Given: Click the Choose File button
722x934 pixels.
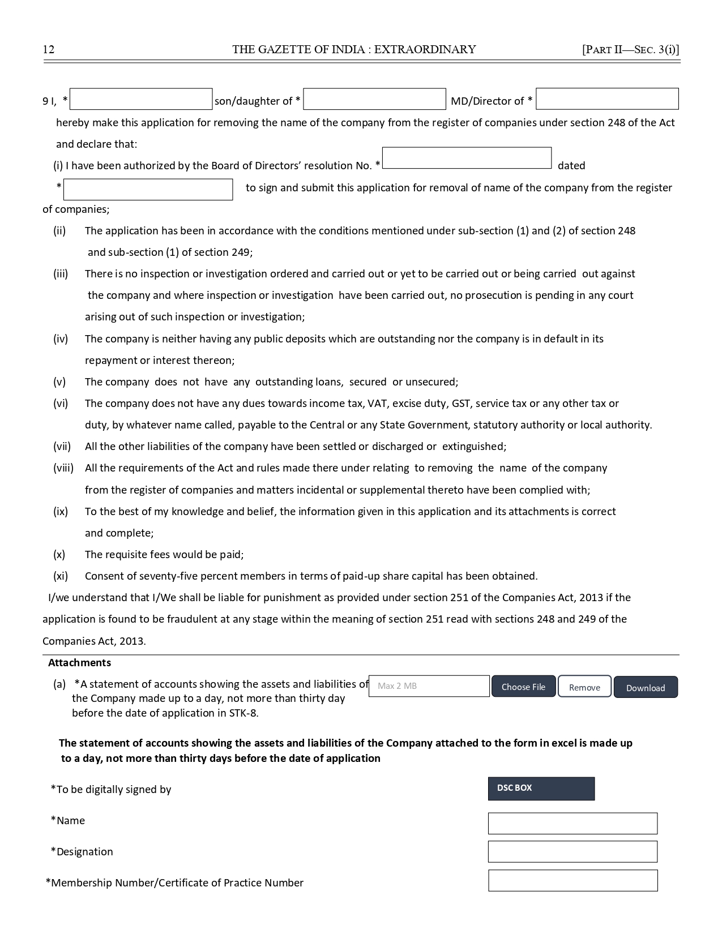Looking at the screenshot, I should (x=523, y=687).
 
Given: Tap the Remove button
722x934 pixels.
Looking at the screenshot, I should (x=584, y=687).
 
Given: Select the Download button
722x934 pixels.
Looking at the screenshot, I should (x=646, y=687).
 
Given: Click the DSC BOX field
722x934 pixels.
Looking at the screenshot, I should (x=541, y=789).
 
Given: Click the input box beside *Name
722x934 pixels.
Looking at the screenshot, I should (x=573, y=824).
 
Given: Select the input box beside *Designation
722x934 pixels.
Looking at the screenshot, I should (x=573, y=852).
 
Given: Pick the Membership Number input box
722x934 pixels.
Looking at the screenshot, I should (x=573, y=881).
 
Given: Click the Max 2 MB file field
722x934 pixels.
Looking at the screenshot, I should (x=429, y=686).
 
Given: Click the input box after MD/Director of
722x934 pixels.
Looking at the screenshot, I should (x=607, y=99).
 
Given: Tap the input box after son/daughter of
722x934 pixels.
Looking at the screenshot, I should (x=374, y=99).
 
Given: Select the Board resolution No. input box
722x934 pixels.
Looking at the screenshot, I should (x=467, y=158).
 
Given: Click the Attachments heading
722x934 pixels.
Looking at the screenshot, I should (x=79, y=663).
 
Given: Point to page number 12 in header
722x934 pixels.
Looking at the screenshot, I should (x=49, y=49).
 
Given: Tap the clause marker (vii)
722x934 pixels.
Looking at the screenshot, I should (x=62, y=447).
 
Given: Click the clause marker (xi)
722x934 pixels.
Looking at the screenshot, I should (x=61, y=576).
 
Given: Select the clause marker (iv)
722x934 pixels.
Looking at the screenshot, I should (x=61, y=339).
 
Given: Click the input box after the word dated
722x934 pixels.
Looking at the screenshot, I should (x=148, y=190).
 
